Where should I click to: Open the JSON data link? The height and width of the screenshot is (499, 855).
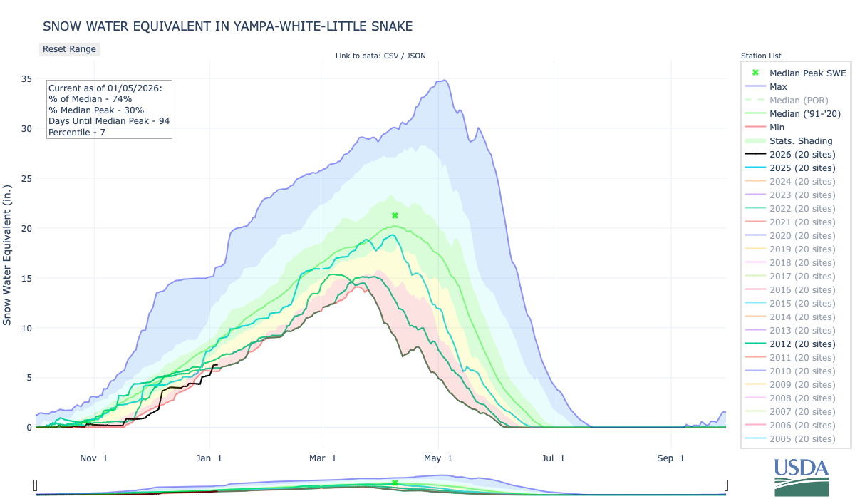[415, 56]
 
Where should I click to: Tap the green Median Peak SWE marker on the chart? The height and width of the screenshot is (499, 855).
[395, 215]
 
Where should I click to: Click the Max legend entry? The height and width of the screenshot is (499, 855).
[778, 87]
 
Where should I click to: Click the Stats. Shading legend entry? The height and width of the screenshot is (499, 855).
[795, 141]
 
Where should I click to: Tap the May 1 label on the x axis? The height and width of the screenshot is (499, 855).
[439, 458]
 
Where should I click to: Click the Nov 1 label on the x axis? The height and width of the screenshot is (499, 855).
[94, 458]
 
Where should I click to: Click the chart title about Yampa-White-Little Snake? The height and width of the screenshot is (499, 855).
[228, 26]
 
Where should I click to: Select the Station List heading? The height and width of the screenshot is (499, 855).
[761, 56]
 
